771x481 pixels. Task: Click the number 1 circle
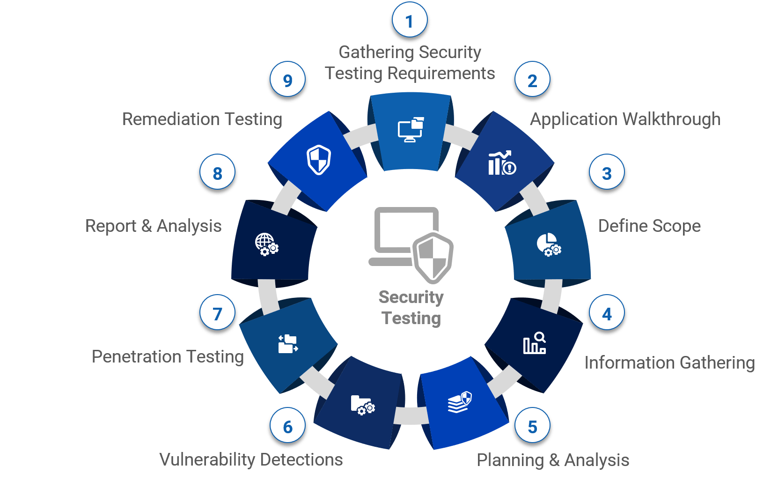click(x=409, y=21)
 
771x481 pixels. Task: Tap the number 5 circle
click(x=532, y=427)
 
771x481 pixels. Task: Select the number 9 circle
click(x=287, y=81)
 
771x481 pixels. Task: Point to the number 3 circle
click(x=607, y=173)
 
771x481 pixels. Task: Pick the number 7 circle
click(x=217, y=314)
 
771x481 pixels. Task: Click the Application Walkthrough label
click(x=625, y=119)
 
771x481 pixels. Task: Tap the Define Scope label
click(x=649, y=226)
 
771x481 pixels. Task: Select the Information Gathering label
click(x=669, y=363)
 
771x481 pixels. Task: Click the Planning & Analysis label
click(x=553, y=460)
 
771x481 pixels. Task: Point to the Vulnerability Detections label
click(x=251, y=459)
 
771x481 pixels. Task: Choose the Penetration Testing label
click(x=168, y=356)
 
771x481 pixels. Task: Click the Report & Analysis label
click(x=153, y=226)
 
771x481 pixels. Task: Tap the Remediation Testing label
click(x=202, y=119)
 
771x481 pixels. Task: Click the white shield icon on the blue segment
click(x=319, y=160)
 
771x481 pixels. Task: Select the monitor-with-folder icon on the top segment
click(x=411, y=130)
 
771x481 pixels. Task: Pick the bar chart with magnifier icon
click(x=534, y=343)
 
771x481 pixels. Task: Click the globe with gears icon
click(x=266, y=244)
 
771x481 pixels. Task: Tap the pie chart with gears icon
click(x=549, y=244)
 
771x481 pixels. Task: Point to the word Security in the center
click(x=411, y=297)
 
